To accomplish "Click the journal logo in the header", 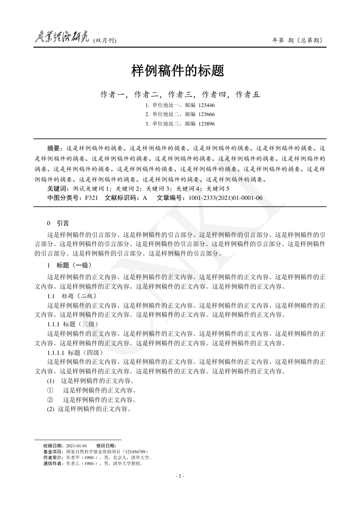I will pos(62,39).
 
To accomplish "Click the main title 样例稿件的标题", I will pos(178,71).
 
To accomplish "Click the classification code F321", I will pos(91,198).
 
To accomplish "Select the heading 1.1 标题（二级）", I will pos(71,296).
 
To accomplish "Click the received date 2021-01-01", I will pos(76,446).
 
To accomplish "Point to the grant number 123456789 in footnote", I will pos(133,452).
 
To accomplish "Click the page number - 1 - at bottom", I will pos(180,476).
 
